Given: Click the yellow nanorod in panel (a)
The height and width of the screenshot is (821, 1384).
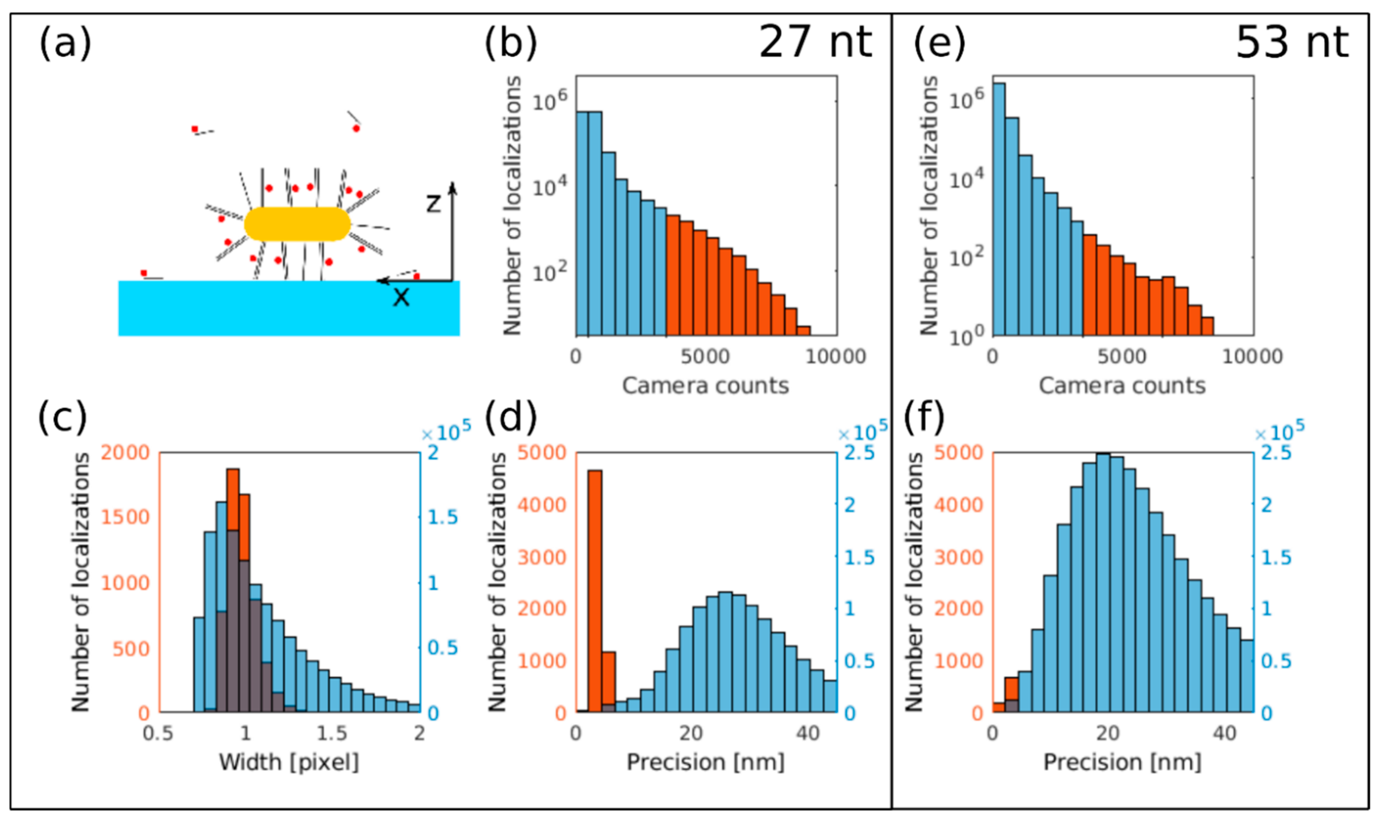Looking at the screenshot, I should [297, 224].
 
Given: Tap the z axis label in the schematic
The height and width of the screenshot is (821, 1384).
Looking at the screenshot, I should [433, 204].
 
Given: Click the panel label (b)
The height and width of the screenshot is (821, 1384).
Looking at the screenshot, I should [510, 43].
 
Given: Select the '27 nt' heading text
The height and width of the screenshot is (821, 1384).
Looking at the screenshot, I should [815, 42].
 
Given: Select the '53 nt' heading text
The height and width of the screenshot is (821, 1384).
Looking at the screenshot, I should [1292, 42].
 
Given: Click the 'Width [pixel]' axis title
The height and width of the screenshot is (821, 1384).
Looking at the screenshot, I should [289, 762].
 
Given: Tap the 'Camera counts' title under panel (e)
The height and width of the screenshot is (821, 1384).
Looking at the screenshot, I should [1122, 386].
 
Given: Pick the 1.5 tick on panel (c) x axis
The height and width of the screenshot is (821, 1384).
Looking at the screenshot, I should [332, 734].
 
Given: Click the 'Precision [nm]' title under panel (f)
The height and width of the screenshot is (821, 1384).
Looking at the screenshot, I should [1122, 762].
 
